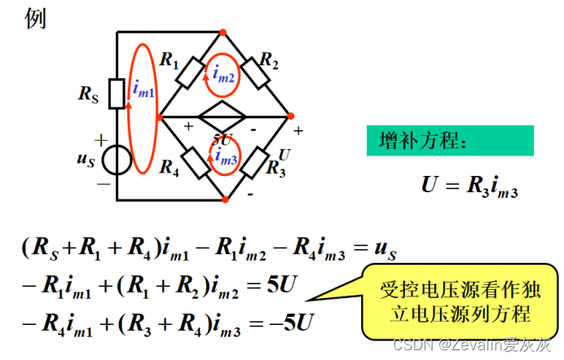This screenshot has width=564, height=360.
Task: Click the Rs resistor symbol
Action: pos(117,93)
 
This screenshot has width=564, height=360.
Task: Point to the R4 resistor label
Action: pos(169,169)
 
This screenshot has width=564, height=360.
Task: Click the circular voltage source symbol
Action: pos(117,160)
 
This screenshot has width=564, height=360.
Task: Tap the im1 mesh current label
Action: pos(143,93)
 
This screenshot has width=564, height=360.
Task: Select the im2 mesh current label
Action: pos(223,74)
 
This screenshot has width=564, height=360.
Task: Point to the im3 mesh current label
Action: pos(226,160)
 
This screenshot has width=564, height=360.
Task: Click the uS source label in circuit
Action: pos(86,160)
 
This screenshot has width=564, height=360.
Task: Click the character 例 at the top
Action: pos(36,19)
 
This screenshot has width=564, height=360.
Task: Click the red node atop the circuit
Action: pos(223,33)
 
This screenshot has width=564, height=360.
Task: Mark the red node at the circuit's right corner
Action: pos(290,116)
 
